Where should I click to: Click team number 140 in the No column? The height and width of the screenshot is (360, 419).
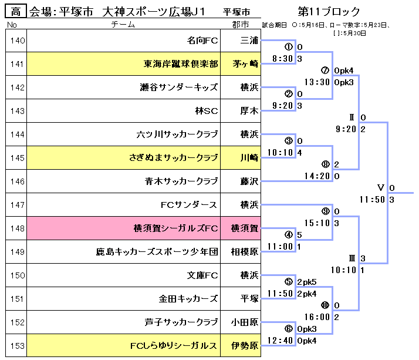point(17,41)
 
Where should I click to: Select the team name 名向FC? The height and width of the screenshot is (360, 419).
point(202,41)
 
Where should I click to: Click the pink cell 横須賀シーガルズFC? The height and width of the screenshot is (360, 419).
point(176,228)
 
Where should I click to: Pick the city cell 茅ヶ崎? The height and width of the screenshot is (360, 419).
point(245,64)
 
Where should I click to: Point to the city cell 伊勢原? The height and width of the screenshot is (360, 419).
point(245,345)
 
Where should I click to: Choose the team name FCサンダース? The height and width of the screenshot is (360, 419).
point(189,205)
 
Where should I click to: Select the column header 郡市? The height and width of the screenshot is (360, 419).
point(240,25)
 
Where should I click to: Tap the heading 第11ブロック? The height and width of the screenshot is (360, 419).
point(329,11)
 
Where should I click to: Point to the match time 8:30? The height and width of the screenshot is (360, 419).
point(283,59)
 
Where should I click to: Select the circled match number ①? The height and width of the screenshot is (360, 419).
point(288,47)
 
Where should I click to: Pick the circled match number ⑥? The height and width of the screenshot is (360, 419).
point(288,329)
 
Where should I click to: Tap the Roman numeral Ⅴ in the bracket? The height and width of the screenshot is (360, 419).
point(380,188)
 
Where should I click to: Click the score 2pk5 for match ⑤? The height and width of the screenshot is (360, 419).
point(307,282)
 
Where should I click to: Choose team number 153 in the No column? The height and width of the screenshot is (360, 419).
point(17,345)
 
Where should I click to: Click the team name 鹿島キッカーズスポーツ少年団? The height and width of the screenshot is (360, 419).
point(157,252)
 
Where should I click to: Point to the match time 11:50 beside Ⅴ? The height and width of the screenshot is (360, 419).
point(371,200)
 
